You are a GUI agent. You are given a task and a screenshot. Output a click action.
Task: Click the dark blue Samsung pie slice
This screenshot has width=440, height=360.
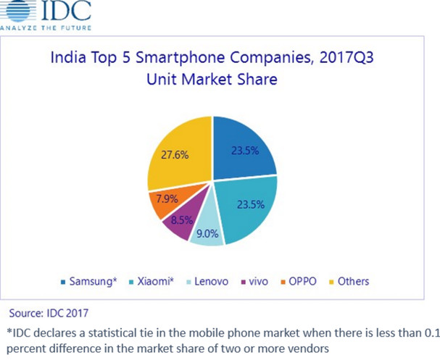tap(243, 148)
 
